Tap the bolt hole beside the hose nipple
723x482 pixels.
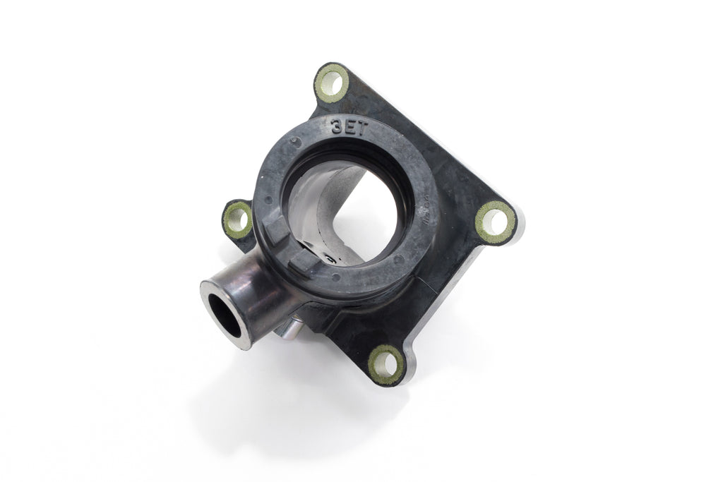pos(238,218)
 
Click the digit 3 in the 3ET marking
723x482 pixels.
pos(338,128)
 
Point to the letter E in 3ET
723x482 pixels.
pos(350,127)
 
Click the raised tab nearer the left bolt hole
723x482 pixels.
pos(277,227)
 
